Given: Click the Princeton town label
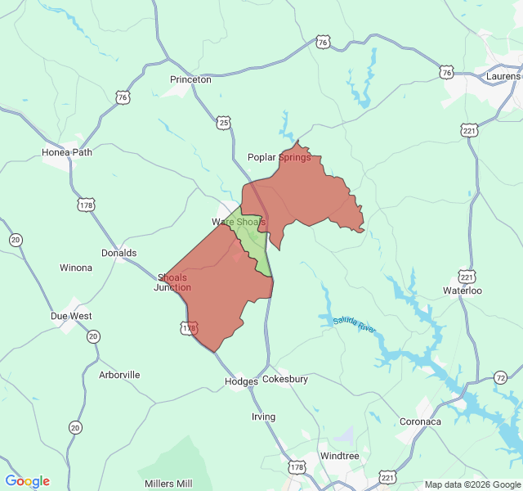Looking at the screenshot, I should coord(190,79).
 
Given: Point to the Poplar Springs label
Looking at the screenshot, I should coord(279,157).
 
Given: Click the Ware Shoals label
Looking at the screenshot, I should coord(239,222).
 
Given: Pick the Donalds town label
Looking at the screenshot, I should coord(118,253).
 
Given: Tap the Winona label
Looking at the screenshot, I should coord(76,268).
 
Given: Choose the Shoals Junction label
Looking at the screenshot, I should coord(172,282).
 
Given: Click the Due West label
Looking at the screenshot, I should coord(71,316).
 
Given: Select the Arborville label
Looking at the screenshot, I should coord(119,375).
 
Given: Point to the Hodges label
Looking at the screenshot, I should coord(241,381).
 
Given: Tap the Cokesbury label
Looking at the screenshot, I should coord(285,380).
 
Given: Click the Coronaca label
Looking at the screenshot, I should coord(420,421).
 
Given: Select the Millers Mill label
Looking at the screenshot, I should coord(168,484).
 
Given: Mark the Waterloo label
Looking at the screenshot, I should coord(463,291).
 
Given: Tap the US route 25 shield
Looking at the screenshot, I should coord(224,122).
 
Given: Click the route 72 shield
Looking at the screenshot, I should coord(500,377).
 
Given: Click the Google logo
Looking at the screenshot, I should coord(27,481).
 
